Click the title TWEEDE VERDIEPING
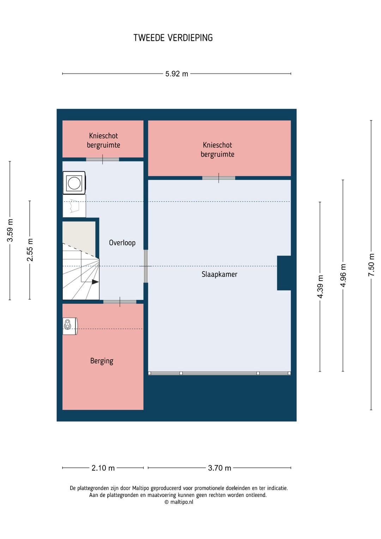tap(173, 38)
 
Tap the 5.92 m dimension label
tap(177, 73)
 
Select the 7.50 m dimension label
tap(371, 265)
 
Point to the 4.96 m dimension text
tap(343, 275)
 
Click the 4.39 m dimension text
tap(320, 286)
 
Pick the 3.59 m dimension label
tap(10, 230)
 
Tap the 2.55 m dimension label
tap(30, 250)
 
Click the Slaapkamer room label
tap(219, 274)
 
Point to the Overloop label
tap(122, 243)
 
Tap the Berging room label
tap(102, 361)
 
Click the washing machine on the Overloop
tap(74, 183)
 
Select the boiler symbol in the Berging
tap(70, 326)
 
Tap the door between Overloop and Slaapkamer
tap(146, 266)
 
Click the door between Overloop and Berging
tap(120, 302)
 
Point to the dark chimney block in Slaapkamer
tap(284, 273)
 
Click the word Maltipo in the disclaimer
tap(141, 488)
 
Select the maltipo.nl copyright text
tap(179, 502)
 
